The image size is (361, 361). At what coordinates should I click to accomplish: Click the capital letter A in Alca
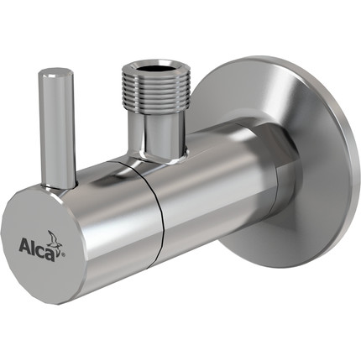pyautogui.click(x=26, y=246)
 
